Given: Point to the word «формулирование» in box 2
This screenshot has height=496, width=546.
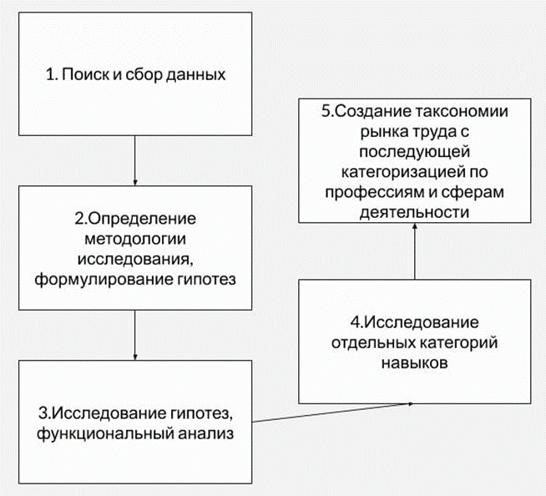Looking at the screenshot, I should coord(94,278).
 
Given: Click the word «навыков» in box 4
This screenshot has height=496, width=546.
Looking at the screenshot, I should coord(414,363).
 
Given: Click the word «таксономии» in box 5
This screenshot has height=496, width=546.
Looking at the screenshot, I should coord(458,113).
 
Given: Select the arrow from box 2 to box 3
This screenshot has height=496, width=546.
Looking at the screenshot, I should coord(134,336).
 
